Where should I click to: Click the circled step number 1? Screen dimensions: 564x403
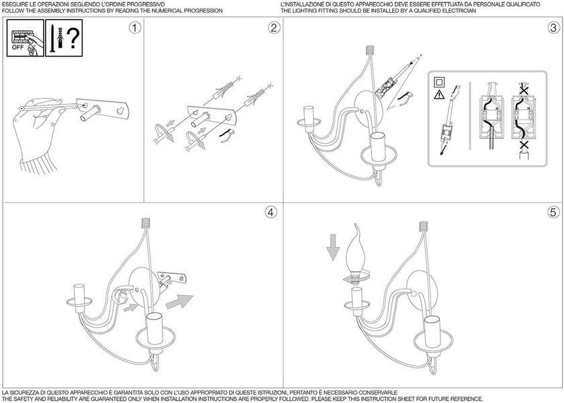(135, 28)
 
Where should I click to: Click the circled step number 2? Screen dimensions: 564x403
(274, 28)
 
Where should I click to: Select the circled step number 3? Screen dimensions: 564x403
(554, 28)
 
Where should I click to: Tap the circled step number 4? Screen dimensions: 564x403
(271, 212)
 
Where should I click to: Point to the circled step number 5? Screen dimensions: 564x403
(554, 212)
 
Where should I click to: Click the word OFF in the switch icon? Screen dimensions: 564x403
(17, 47)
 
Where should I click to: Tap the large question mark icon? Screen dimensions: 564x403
(73, 39)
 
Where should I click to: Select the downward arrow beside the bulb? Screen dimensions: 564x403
(333, 247)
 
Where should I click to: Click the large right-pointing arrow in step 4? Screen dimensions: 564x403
(179, 301)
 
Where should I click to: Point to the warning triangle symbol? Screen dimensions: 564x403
(439, 95)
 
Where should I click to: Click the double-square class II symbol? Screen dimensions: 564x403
(439, 82)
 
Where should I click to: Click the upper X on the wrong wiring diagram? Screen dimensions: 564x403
(524, 89)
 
